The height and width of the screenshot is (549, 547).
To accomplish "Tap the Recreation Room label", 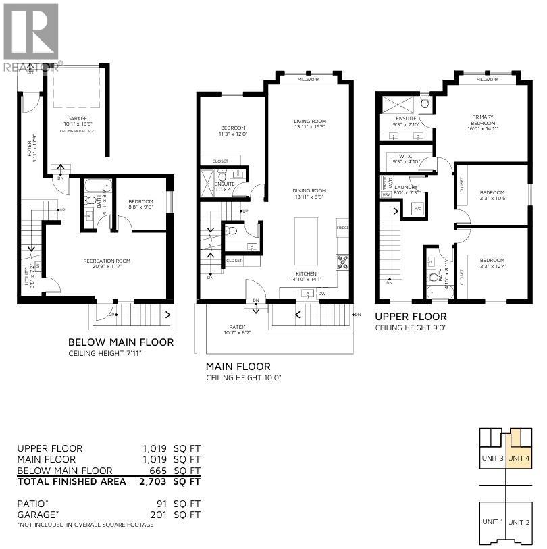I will point(107,261).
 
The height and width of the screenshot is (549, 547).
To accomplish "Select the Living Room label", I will point(310,122).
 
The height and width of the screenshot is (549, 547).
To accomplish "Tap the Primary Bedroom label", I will point(483,120).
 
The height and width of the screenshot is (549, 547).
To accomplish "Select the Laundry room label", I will point(407,188).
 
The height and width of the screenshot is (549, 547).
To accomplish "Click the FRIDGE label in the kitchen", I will point(342,228).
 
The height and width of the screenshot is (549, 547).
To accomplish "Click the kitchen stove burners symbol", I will point(342,260).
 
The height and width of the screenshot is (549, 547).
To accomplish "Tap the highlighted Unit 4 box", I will point(519,458).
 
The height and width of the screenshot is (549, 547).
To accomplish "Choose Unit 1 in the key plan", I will point(492,521).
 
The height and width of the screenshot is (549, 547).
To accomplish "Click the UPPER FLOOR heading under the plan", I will point(411,317).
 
